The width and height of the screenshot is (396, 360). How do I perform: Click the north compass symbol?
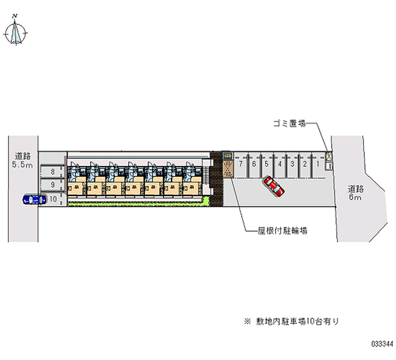point(16,32)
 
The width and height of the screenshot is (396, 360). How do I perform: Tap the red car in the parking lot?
point(273,186)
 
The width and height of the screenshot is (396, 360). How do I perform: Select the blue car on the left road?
point(34,199)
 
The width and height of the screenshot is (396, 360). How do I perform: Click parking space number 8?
point(52,172)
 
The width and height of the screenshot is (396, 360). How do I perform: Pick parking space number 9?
point(52,185)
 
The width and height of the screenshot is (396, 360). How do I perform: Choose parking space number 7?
point(241,163)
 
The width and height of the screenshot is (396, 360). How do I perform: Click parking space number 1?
point(318,163)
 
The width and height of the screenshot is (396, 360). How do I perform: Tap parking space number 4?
point(280,163)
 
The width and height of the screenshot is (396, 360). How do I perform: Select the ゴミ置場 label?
point(289,124)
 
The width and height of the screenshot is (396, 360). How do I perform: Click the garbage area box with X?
point(328,156)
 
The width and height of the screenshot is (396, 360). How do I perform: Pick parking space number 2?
point(305,163)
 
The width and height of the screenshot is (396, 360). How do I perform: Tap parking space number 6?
point(253,163)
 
